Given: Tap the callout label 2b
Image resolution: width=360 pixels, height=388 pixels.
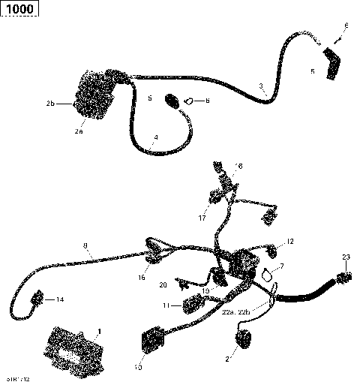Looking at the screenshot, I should pos(50,103).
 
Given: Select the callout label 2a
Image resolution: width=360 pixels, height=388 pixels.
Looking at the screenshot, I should pos(78,131).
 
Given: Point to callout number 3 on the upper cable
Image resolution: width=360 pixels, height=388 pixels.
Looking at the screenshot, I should pos(261,86).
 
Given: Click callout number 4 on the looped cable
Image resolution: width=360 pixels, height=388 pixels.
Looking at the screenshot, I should pos(155,137).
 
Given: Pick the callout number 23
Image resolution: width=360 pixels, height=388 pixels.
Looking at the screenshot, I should pos(346,257).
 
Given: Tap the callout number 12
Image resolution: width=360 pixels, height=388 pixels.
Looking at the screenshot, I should pos(291,242).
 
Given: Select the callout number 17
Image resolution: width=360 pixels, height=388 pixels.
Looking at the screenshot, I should pos(202,218).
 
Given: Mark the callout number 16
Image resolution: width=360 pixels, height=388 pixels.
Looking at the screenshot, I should pos(141,278).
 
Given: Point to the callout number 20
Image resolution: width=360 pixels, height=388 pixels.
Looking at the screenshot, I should pos(163,284).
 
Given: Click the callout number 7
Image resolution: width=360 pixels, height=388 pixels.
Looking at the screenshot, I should pos(282,266).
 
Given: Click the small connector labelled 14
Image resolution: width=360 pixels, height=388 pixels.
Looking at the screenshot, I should pos(36,301).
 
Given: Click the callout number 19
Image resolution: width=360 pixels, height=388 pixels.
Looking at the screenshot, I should pos(203,290).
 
